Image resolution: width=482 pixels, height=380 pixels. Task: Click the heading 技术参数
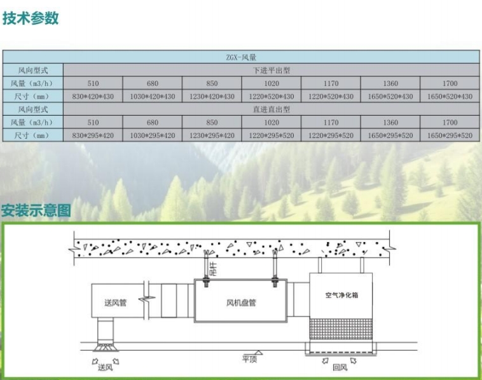[x=31, y=18]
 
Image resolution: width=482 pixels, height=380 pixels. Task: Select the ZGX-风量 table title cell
[x=241, y=57]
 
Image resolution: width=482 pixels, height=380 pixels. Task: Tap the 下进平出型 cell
[x=272, y=70]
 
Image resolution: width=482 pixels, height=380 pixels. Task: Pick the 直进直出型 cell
[x=272, y=109]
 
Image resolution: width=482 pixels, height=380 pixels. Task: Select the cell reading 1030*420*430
[x=152, y=96]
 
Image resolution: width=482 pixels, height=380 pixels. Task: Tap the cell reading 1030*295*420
[x=152, y=135]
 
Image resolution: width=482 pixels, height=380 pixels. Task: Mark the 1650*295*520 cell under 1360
[x=390, y=135]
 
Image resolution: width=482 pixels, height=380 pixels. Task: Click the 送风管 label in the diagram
[x=116, y=302]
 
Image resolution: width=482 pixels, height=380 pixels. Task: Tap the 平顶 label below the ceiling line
[x=249, y=358]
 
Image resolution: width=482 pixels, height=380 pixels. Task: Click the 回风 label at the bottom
[x=338, y=365]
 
